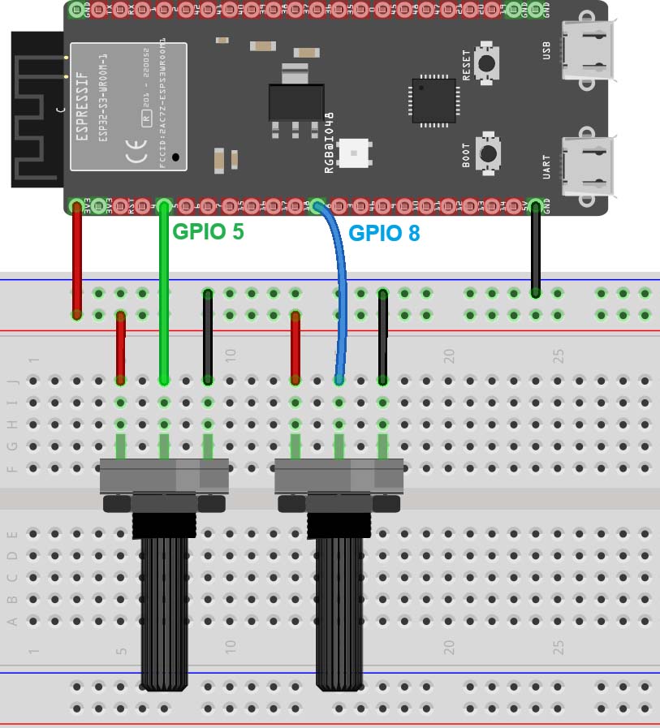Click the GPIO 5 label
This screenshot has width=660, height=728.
208,231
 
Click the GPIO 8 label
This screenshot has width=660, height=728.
384,234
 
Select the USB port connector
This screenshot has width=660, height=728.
586,50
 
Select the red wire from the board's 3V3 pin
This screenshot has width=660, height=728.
77,260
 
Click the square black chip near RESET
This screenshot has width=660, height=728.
434,100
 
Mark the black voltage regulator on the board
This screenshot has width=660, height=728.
290,101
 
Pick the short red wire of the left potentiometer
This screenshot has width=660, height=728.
121,347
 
